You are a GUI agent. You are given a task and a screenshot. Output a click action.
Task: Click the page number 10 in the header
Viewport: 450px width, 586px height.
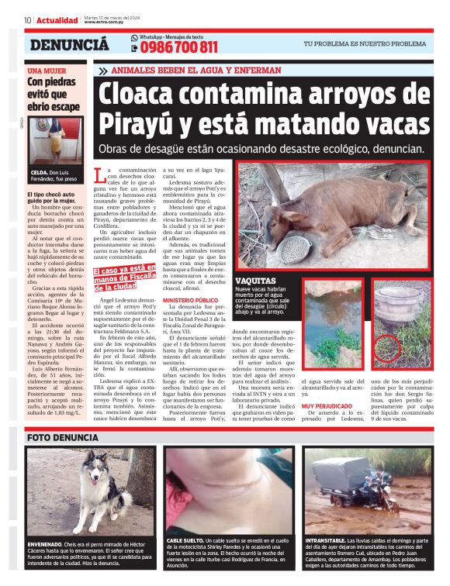[x=27, y=20]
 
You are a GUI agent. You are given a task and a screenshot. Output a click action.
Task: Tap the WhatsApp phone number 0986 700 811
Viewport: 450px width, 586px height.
[x=178, y=48]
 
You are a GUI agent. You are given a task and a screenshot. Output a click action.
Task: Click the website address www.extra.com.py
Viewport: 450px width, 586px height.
[x=105, y=22]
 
